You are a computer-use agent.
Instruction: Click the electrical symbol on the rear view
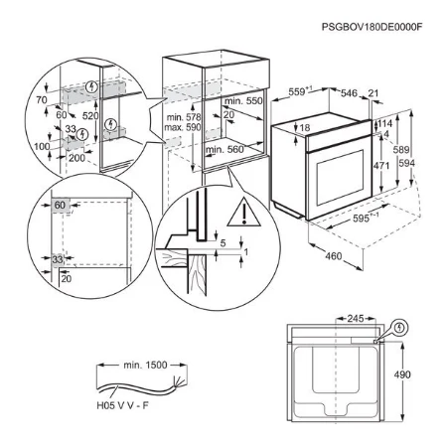(x=398, y=327)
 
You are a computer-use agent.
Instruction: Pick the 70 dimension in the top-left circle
(x=43, y=101)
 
